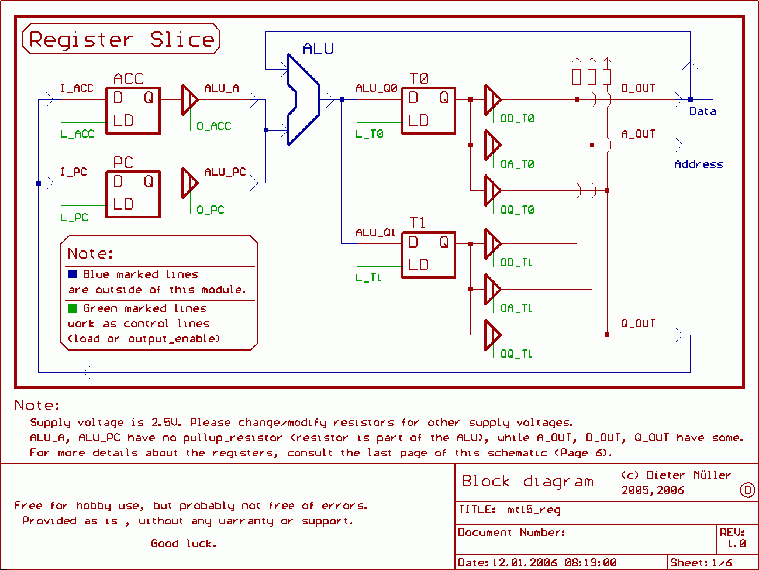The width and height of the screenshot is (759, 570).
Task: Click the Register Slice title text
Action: tap(122, 39)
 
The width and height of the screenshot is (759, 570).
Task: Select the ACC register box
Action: tap(133, 111)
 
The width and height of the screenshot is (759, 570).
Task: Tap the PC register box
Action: tap(133, 194)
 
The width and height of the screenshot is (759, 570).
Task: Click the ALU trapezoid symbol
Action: tap(303, 99)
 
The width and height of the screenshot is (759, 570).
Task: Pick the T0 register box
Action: tap(428, 111)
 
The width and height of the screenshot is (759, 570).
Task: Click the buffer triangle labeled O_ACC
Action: tap(189, 100)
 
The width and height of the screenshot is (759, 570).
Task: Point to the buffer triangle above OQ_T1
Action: tap(492, 335)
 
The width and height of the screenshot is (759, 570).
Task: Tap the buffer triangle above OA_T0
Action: tap(492, 145)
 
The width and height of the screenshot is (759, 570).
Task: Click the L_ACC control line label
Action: tap(77, 134)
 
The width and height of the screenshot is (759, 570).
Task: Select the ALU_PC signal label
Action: tap(225, 172)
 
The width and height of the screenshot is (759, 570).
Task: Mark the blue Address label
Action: tap(699, 164)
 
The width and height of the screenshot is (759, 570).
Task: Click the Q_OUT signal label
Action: tap(639, 324)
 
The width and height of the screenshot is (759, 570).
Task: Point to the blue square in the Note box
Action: tap(73, 274)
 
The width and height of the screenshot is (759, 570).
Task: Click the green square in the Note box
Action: tap(73, 308)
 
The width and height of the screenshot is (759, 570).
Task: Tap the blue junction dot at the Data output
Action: tap(691, 99)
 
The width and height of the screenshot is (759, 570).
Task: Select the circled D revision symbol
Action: tap(747, 490)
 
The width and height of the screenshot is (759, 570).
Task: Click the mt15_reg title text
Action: tap(534, 510)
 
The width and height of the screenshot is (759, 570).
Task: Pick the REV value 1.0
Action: tap(736, 544)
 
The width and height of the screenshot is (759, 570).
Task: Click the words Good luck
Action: tap(184, 544)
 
